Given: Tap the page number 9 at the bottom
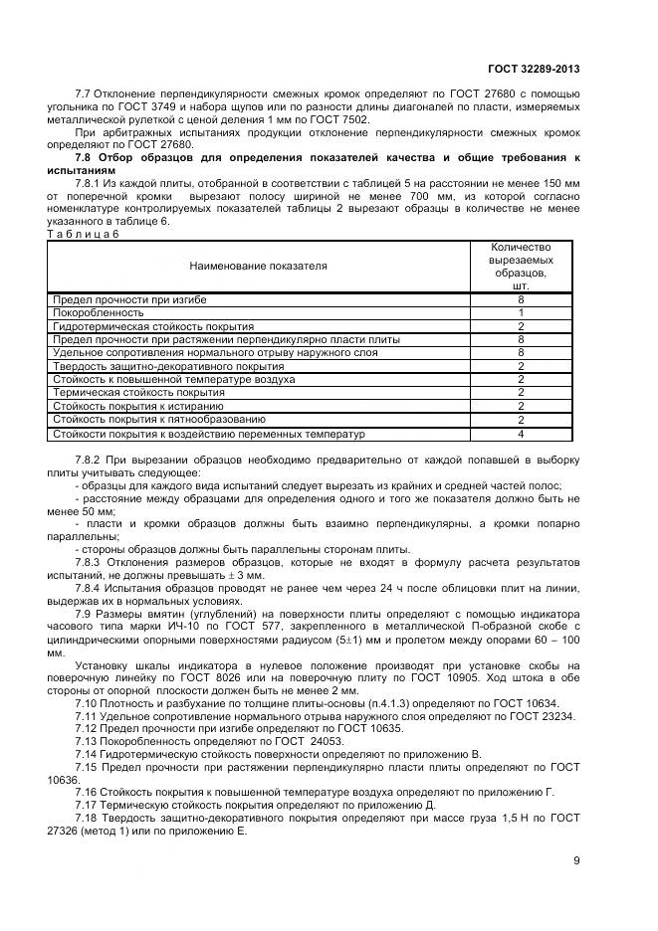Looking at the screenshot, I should [576, 860].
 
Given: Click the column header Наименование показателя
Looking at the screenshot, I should [258, 266].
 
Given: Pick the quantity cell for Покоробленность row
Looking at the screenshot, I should [520, 312].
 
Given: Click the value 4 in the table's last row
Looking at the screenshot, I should [520, 434].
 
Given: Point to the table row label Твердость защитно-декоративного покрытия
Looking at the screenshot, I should [168, 366].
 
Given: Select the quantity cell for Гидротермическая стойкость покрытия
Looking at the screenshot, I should [520, 326].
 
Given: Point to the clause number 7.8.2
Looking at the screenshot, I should [91, 461].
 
